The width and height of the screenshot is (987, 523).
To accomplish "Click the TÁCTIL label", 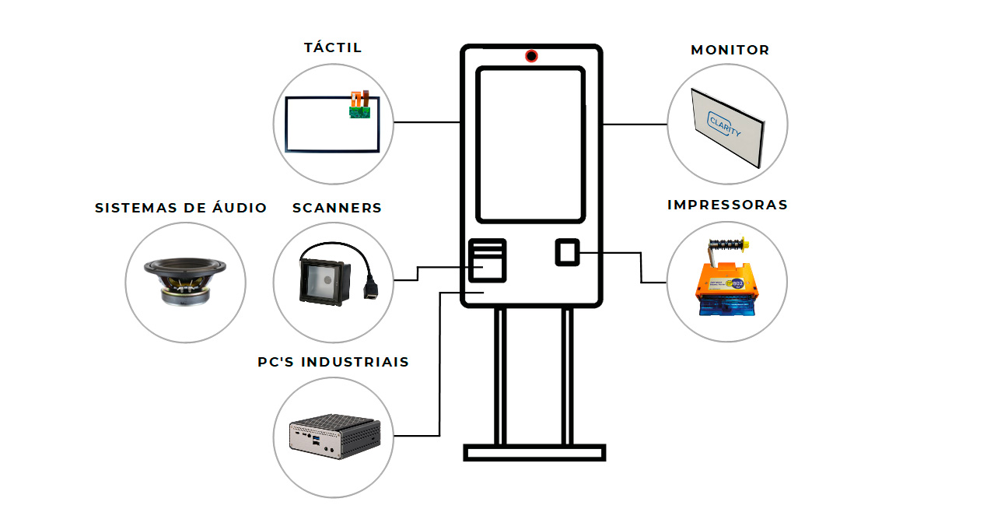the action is pos(333,47).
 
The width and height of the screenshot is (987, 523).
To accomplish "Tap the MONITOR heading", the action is pos(730,50).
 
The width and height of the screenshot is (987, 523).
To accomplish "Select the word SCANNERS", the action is pos(337,208).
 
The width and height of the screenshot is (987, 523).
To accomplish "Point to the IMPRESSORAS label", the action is pos(727,205).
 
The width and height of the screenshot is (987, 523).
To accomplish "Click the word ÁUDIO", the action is pos(240,207).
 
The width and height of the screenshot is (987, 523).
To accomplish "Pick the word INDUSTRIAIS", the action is pos(355,362).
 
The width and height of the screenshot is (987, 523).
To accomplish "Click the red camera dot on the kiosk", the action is pos(531,56).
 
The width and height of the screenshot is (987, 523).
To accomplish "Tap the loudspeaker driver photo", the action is pos(185,281).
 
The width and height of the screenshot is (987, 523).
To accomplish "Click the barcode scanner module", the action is pos(325,283).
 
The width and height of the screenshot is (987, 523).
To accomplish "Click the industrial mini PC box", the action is pos(335,436).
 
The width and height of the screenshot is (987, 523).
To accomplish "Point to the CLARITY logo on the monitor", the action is pos(724,125).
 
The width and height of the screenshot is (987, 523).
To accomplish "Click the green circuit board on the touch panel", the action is pos(359,112).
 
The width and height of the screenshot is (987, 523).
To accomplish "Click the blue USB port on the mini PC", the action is pos(316,440).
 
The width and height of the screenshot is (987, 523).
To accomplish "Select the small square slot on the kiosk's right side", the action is pos(567,252).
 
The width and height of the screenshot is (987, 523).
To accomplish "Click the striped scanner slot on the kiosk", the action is pos(487,260).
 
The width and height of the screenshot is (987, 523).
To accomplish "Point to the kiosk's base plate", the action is pos(534,452).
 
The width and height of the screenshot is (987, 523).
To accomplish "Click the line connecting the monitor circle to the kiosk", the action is pos(635,125).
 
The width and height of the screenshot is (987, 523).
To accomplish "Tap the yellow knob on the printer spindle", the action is pos(745,243).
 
